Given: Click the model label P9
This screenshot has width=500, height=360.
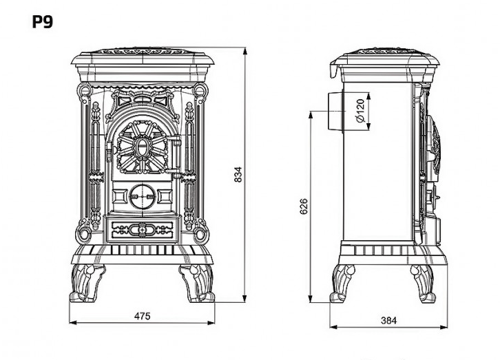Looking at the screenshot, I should tap(42, 21).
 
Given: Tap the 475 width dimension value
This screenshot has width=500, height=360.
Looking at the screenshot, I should tap(142, 316).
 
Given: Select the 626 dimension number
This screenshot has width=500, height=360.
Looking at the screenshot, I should tap(304, 206).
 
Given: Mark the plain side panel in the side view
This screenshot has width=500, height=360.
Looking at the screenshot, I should tap(379, 165).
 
